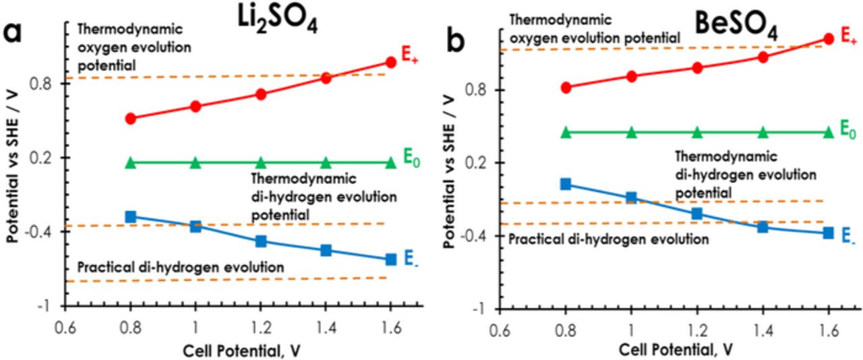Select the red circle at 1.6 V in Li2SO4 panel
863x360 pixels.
pyautogui.click(x=390, y=62)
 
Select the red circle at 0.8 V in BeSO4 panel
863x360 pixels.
pyautogui.click(x=566, y=88)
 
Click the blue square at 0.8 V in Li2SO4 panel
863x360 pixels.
pyautogui.click(x=131, y=216)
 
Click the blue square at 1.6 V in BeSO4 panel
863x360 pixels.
pyautogui.click(x=829, y=233)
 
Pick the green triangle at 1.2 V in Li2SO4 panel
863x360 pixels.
pyautogui.click(x=261, y=162)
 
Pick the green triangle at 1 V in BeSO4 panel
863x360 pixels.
pyautogui.click(x=632, y=132)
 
